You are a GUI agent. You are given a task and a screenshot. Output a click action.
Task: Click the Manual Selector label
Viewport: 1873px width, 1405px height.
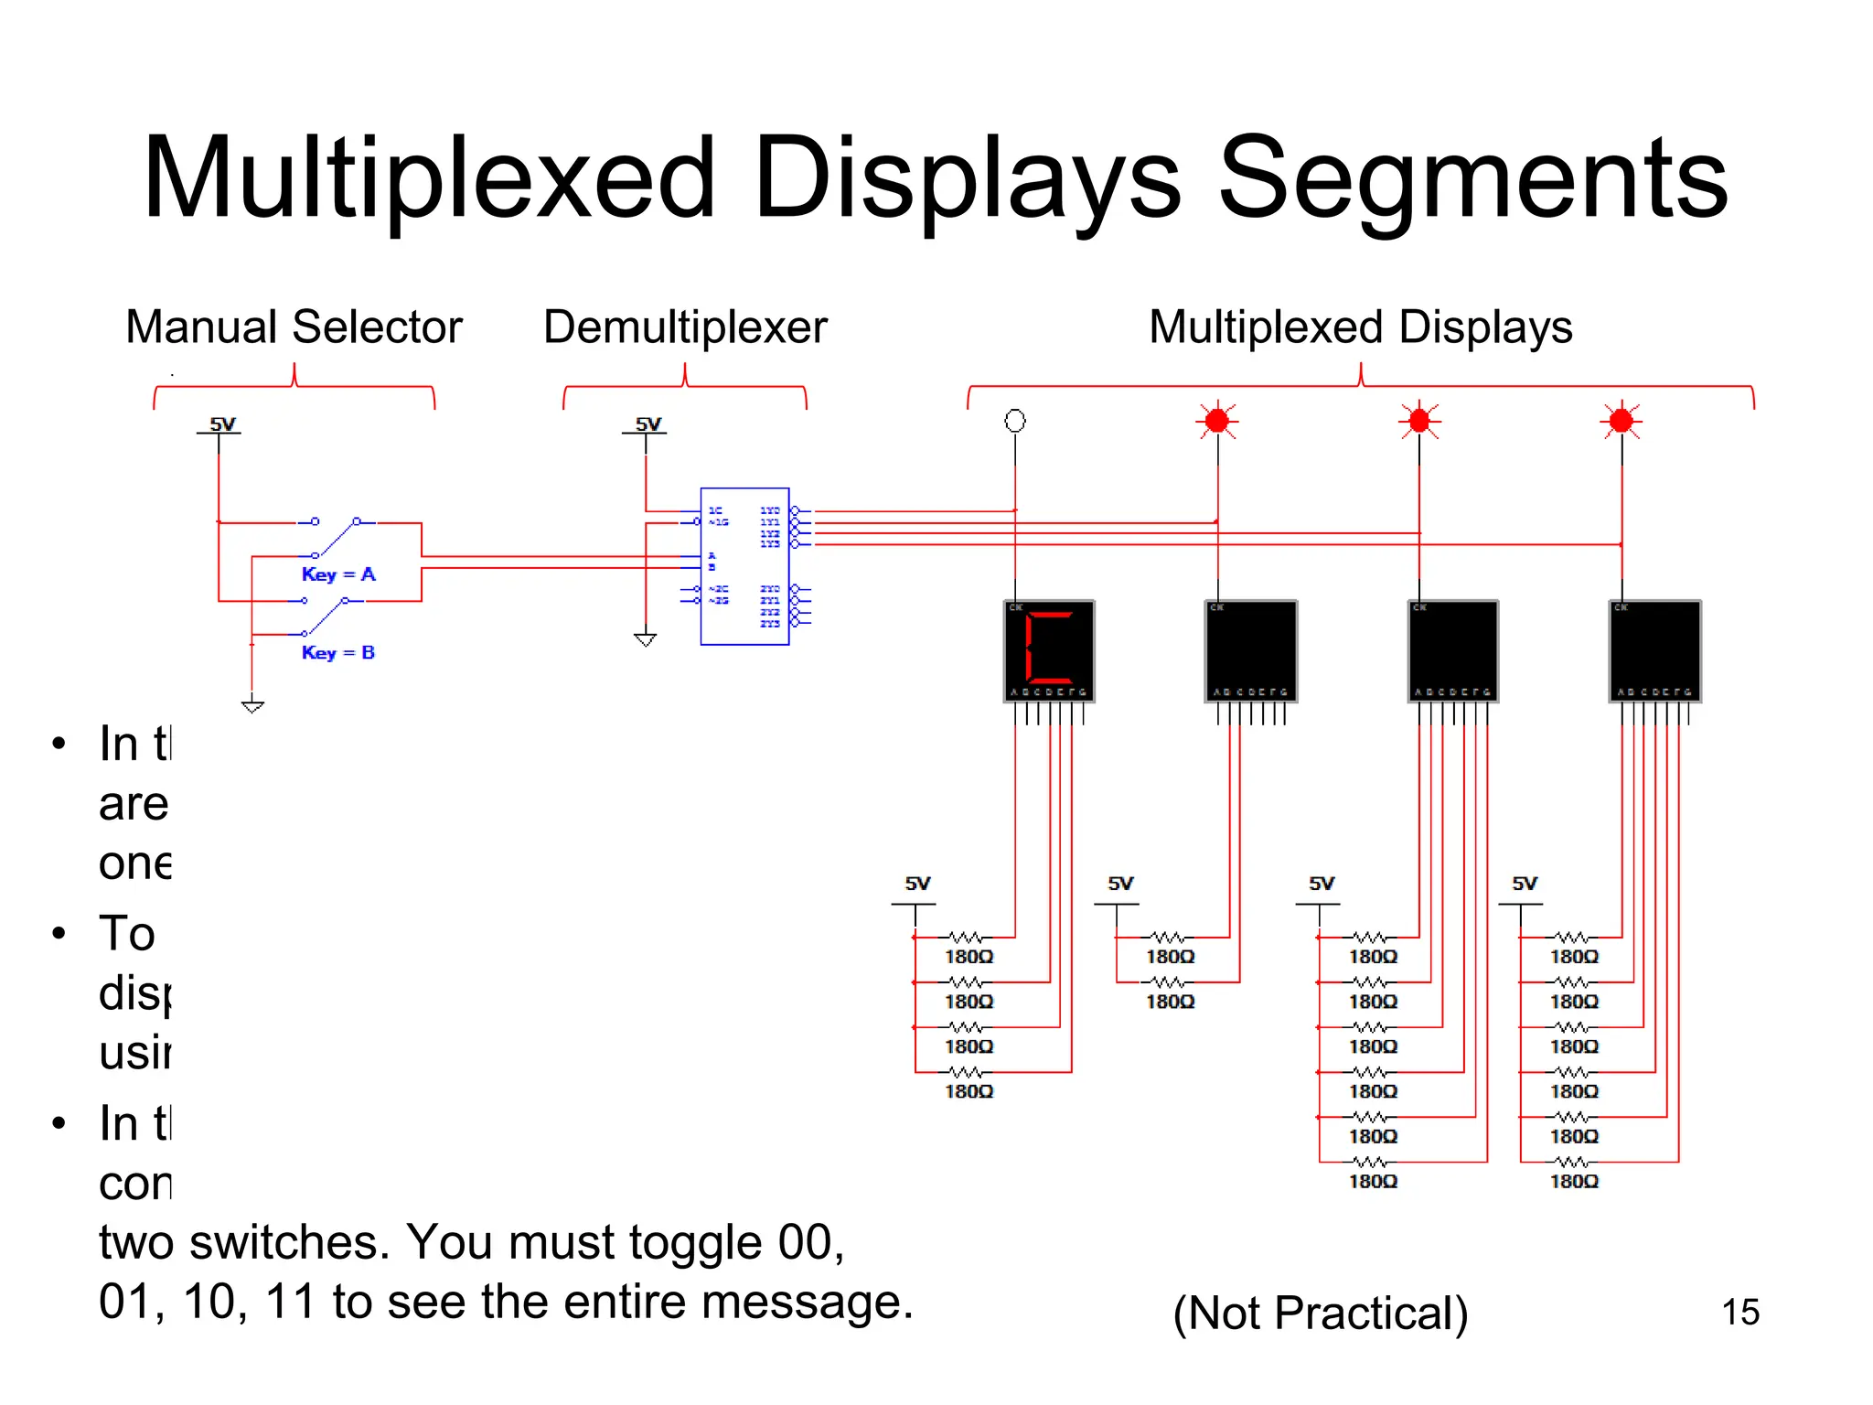(x=294, y=327)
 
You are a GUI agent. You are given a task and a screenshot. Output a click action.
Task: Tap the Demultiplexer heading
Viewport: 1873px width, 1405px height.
(x=685, y=327)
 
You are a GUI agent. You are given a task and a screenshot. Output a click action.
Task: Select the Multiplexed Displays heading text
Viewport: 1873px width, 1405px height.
(x=1360, y=327)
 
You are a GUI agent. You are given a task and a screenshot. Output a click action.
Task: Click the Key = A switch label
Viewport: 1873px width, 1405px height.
(x=338, y=574)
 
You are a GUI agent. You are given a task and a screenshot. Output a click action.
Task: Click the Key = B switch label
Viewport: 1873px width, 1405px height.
(x=338, y=652)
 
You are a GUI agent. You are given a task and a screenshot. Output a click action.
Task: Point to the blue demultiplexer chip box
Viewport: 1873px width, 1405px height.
(x=744, y=566)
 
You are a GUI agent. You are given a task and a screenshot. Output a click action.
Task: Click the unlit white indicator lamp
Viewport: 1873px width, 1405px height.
(x=1015, y=421)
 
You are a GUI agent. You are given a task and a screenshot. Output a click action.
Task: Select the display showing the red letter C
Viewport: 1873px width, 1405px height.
(x=1049, y=650)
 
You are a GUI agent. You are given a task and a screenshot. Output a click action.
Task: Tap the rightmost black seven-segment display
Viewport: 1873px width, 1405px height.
(x=1654, y=650)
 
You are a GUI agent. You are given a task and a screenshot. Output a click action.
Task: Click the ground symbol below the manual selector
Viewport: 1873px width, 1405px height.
(x=252, y=705)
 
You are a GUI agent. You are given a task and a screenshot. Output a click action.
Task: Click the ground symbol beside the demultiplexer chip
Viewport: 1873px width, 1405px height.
(x=646, y=638)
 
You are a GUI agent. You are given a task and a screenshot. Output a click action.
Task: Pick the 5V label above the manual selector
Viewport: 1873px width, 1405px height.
(x=222, y=424)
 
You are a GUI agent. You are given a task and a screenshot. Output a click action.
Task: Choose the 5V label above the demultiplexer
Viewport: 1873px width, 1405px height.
(x=648, y=424)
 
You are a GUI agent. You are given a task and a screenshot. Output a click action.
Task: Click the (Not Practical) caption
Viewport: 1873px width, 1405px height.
(x=1320, y=1314)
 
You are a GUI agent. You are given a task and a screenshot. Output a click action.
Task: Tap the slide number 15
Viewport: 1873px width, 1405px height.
(x=1739, y=1312)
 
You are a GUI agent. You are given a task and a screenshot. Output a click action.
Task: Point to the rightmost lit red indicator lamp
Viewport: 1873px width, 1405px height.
(x=1621, y=421)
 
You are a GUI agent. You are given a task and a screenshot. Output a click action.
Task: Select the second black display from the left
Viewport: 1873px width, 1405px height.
(x=1251, y=650)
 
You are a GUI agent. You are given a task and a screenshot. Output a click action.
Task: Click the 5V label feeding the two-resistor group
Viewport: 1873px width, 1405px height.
(x=1120, y=884)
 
